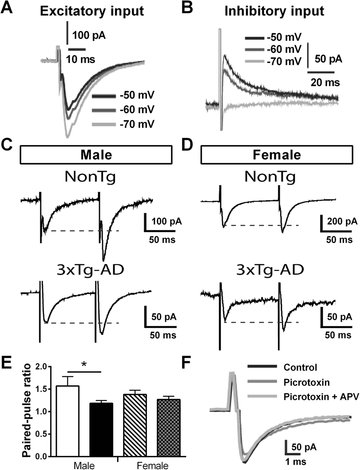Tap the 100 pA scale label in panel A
[x=89, y=35]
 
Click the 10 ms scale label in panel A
[x=81, y=59]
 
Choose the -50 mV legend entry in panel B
[x=284, y=39]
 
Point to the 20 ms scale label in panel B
[x=324, y=83]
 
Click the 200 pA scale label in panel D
[x=339, y=221]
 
